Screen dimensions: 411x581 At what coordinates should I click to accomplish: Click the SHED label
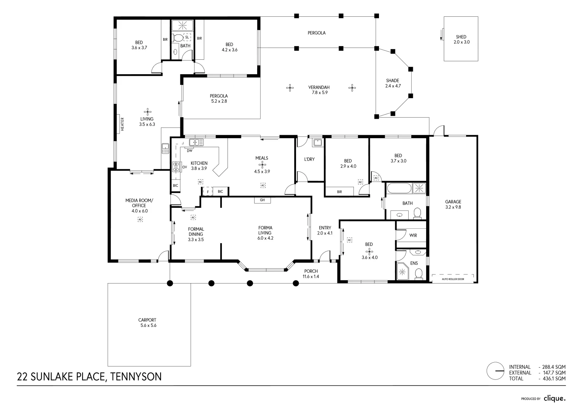pos(461,37)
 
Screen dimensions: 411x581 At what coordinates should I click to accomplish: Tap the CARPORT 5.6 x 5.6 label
pos(147,323)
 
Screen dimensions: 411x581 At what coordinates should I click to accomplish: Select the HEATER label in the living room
pos(123,124)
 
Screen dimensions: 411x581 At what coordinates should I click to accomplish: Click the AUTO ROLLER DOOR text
pos(453,279)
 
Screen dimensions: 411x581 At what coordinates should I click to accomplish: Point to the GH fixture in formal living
pos(262,200)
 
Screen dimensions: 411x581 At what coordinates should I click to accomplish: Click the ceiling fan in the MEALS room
pos(262,165)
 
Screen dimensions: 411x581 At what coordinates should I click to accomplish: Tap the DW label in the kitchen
pos(189,151)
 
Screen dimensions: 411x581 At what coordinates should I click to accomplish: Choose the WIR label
pos(413,236)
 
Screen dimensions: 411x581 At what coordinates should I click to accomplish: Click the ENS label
pos(414,263)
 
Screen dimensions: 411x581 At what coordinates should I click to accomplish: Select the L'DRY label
pos(309,159)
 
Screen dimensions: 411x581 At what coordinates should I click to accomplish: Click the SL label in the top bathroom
pos(187,37)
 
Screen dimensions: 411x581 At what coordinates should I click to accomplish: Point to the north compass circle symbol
pos(496,370)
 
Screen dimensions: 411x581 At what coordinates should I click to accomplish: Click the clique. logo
pos(554,398)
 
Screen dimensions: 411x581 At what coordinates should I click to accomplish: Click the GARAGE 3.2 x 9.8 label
pos(453,204)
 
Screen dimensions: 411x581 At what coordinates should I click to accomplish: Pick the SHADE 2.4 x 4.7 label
pos(393,83)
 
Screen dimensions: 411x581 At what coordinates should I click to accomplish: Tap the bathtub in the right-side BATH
pos(399,188)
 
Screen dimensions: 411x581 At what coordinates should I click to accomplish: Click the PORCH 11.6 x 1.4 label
pos(311,274)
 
